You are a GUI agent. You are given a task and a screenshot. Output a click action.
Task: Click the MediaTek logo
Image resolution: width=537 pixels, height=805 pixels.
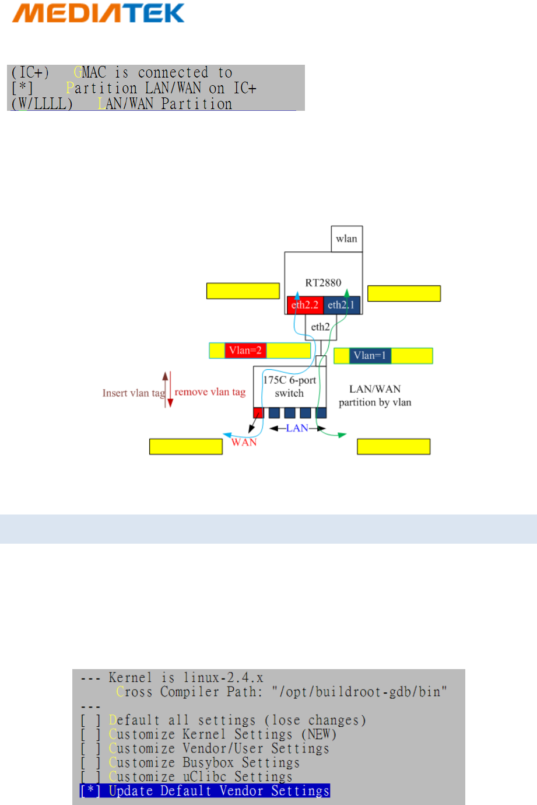click(98, 13)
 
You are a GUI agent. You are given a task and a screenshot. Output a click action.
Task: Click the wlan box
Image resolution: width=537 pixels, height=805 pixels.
click(346, 239)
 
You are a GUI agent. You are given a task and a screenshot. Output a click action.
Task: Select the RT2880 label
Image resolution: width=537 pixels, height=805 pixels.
click(323, 283)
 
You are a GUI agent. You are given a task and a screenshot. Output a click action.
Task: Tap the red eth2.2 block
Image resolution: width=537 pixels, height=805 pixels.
click(305, 305)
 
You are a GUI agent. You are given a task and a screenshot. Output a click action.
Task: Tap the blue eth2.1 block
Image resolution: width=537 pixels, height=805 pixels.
click(342, 305)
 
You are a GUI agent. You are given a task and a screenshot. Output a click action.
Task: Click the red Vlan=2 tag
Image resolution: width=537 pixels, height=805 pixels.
click(245, 351)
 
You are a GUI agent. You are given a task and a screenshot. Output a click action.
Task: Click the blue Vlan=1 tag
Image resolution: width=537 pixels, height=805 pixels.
click(370, 356)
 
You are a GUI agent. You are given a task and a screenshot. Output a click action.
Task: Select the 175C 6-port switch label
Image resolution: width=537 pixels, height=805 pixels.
click(289, 387)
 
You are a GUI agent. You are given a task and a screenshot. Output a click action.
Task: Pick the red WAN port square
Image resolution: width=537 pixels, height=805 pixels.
click(258, 414)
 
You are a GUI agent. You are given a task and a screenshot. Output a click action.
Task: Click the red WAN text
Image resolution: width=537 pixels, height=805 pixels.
click(244, 443)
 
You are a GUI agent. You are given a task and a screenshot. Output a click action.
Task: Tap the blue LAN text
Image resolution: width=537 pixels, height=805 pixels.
click(297, 429)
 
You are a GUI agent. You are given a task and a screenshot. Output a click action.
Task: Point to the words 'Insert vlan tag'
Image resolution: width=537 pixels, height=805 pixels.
click(134, 393)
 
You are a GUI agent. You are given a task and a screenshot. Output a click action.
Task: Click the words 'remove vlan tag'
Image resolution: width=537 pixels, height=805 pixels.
click(210, 392)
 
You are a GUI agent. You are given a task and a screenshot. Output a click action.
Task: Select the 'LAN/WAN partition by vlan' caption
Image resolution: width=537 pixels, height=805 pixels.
click(375, 395)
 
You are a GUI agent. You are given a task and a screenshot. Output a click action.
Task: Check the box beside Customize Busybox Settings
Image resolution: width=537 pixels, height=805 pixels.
click(90, 763)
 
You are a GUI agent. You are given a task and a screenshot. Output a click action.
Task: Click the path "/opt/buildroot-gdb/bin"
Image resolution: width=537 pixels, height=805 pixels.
click(359, 692)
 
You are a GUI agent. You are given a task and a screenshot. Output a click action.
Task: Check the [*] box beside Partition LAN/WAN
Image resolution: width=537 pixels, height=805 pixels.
click(22, 89)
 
